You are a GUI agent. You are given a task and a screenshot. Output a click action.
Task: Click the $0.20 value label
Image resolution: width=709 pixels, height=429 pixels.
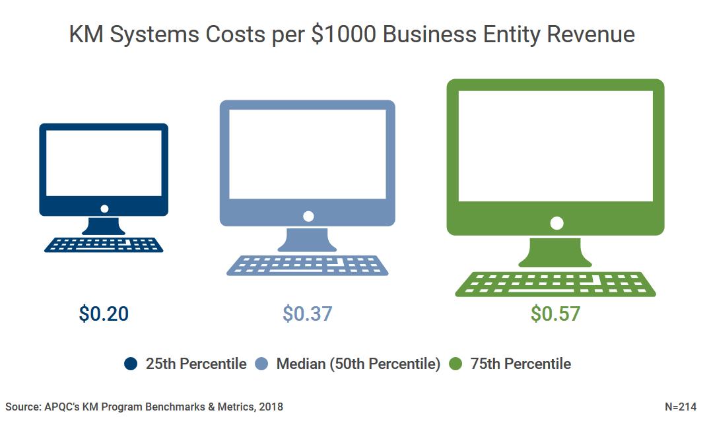click(104, 313)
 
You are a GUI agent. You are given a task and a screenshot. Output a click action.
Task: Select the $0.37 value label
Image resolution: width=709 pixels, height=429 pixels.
click(307, 313)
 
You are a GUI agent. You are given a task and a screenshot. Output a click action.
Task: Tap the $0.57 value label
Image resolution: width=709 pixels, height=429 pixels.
click(555, 313)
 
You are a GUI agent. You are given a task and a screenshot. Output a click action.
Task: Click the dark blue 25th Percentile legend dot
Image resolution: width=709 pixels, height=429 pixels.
click(131, 364)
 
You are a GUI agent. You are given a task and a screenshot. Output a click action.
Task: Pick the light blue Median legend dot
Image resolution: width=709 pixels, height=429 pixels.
click(261, 364)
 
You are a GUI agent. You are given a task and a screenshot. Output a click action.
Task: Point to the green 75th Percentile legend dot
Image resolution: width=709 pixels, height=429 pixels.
click(456, 364)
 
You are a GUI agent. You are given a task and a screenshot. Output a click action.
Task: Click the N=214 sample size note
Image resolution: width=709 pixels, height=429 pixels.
click(680, 407)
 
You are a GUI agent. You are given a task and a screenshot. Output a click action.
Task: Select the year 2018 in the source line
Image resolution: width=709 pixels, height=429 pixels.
click(271, 407)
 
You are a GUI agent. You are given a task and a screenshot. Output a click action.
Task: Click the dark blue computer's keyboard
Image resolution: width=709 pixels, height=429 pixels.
click(104, 245)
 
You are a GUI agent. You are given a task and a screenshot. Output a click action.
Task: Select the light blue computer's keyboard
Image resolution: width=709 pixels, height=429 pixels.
click(307, 265)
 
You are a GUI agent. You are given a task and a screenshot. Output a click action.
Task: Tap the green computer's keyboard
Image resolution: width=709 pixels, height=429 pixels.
click(555, 284)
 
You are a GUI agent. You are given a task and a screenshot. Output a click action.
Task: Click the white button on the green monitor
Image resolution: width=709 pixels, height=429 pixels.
click(557, 223)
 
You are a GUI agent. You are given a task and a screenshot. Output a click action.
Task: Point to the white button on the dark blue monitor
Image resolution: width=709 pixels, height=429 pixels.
click(104, 209)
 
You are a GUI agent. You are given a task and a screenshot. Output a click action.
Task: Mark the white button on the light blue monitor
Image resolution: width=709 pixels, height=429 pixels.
click(308, 216)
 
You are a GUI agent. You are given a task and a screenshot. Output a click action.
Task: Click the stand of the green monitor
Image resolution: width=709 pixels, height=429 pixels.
click(555, 253)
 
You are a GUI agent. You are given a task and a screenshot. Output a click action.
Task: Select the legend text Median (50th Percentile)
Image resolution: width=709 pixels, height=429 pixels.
click(358, 364)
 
